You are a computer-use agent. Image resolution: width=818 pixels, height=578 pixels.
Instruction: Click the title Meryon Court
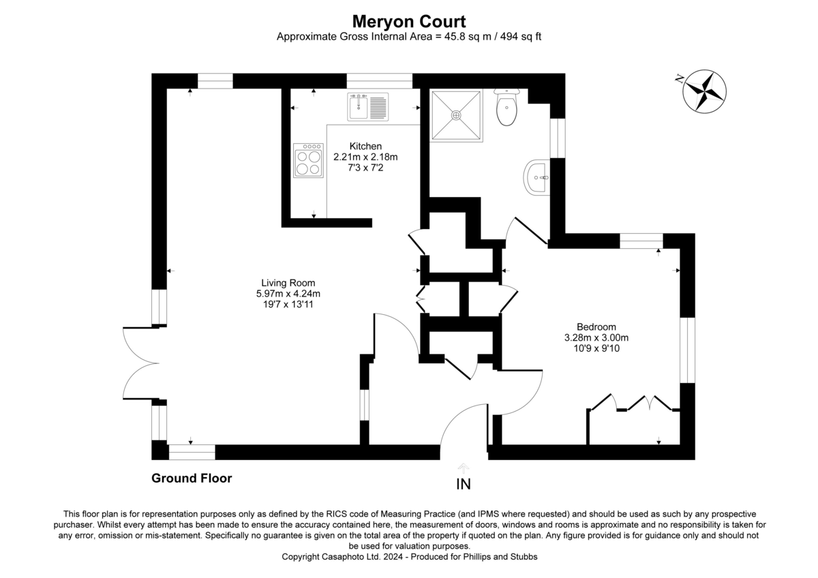click(409, 22)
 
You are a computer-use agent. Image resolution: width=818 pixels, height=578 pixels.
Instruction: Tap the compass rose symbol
click(704, 90)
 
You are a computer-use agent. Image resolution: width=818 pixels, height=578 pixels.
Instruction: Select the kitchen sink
click(367, 107)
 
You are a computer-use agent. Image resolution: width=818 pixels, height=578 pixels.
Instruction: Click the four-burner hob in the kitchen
click(308, 161)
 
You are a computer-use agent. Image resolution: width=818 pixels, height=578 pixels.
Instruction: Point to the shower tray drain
click(456, 115)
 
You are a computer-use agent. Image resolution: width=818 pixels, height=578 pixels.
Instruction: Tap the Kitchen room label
click(365, 146)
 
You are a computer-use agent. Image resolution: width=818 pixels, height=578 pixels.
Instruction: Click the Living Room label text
click(288, 283)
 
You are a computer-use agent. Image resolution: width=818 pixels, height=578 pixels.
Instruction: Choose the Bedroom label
click(587, 326)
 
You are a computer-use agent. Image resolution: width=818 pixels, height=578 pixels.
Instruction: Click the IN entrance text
click(463, 485)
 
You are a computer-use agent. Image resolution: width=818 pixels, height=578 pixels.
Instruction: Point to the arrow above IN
click(464, 468)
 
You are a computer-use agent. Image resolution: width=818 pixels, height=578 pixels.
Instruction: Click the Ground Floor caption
click(192, 478)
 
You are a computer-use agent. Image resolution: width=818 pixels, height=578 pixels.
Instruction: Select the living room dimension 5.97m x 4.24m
click(288, 294)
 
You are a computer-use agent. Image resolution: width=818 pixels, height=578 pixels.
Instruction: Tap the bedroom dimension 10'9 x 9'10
click(588, 348)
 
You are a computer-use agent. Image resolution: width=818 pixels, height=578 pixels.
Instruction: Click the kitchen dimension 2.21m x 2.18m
click(365, 157)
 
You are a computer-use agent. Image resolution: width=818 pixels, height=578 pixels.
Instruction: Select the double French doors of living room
click(140, 363)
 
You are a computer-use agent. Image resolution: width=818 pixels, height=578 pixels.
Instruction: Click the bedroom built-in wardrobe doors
click(634, 404)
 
